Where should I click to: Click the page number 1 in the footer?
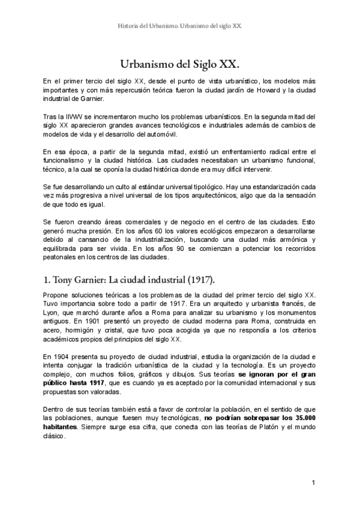pos(313,483)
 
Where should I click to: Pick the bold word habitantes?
pos(62,427)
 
